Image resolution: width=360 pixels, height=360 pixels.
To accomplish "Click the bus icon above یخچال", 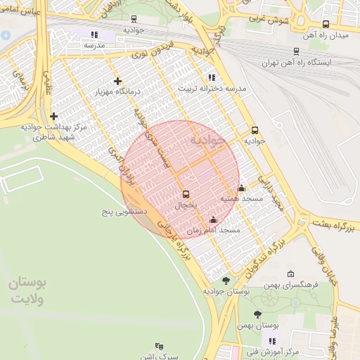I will (186, 194).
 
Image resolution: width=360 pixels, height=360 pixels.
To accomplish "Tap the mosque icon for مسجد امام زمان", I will (213, 220).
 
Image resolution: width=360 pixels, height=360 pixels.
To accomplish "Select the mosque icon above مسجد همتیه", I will (242, 188).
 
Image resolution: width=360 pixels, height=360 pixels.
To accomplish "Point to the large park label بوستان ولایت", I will (27, 290).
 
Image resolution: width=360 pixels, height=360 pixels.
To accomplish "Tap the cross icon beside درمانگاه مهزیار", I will (117, 82).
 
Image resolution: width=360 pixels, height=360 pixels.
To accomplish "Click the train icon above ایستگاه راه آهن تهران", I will (295, 51).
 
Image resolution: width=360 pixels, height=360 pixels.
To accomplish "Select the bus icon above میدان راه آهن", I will (325, 24).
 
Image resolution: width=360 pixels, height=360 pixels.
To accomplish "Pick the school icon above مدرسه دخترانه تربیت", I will (212, 77).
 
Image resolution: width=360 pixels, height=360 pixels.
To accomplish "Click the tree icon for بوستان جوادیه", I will (225, 281).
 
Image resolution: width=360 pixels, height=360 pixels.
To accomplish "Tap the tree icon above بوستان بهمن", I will (257, 315).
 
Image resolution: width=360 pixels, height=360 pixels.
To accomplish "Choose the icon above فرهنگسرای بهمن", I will (290, 274).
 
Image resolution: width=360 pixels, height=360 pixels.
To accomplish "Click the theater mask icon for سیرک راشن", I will (159, 346).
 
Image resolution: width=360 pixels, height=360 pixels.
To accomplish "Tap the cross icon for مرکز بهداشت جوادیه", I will (53, 116).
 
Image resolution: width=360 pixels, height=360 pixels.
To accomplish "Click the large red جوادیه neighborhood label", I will (209, 141).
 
